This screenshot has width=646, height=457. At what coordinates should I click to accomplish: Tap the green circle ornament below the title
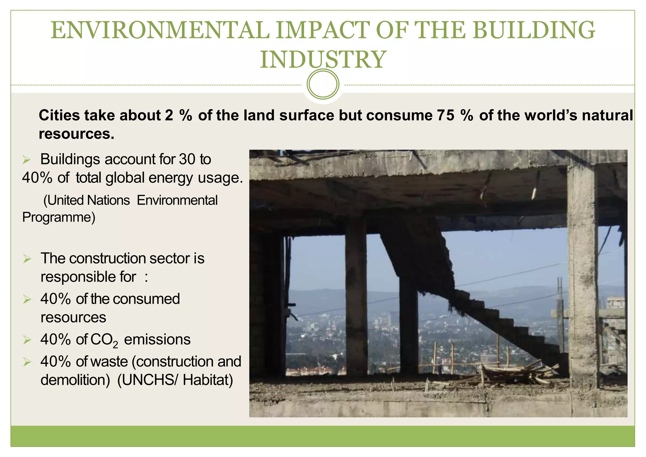coord(323,84)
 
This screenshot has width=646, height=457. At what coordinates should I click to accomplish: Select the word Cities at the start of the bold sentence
coord(59,116)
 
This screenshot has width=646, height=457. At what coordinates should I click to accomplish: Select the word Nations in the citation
coord(108,200)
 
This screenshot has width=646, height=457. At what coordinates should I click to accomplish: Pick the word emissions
coord(157,340)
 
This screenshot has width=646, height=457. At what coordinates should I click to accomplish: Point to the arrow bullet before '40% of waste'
coord(27,362)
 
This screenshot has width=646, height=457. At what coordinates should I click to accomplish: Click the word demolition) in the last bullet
coord(75,380)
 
